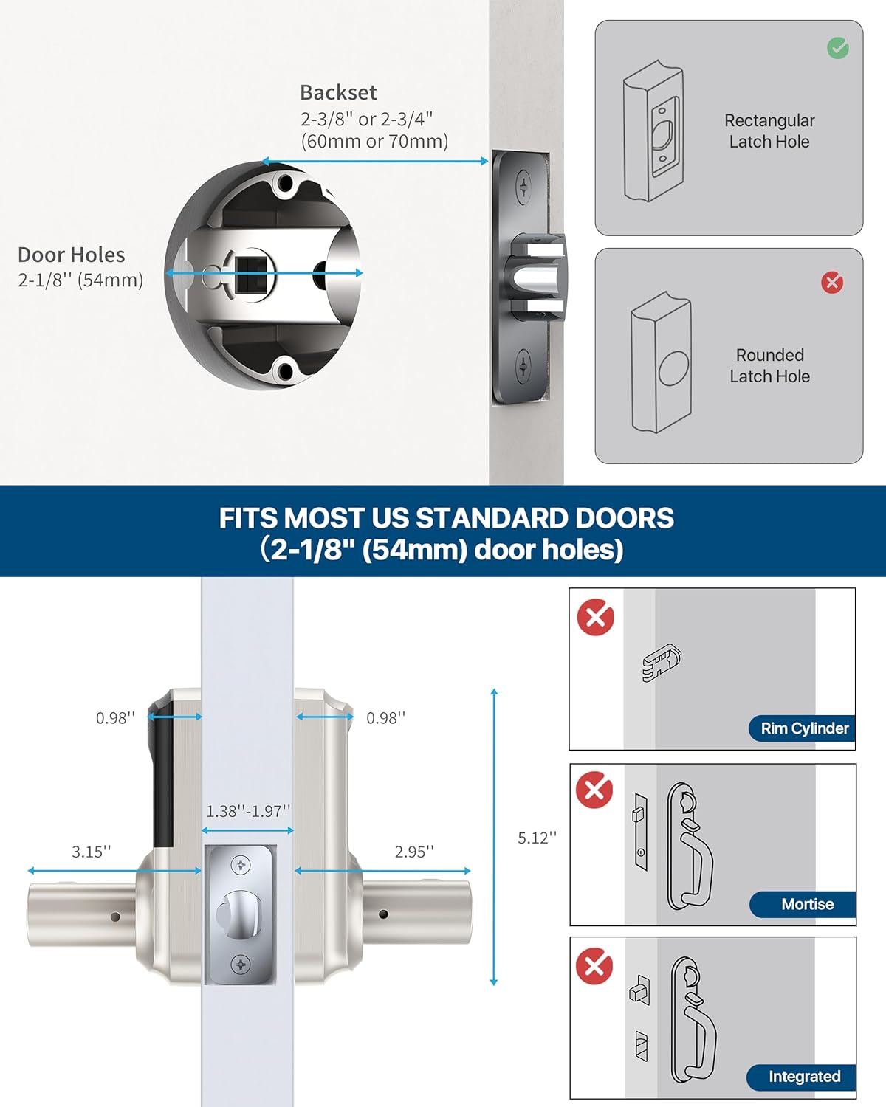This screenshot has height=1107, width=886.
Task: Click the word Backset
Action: [338, 93]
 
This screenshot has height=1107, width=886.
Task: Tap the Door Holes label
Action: [72, 255]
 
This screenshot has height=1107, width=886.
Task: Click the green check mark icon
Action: [837, 49]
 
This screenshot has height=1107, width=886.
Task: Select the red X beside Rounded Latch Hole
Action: [832, 283]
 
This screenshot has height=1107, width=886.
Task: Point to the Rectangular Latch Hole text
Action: [769, 131]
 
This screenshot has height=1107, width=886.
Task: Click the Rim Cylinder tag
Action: [804, 728]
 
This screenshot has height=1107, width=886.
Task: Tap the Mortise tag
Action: [806, 904]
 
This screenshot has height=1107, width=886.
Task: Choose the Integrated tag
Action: [803, 1077]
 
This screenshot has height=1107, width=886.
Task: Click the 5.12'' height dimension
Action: [537, 838]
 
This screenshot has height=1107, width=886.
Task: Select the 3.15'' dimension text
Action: [92, 852]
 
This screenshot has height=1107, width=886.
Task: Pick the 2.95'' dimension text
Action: [414, 852]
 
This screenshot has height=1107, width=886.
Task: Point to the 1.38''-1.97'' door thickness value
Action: [248, 811]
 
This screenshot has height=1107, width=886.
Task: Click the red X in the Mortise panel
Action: [594, 790]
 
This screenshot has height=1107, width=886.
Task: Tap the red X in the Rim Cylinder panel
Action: [596, 618]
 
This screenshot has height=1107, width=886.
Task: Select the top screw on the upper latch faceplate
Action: [523, 184]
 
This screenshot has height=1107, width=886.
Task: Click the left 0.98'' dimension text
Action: [115, 718]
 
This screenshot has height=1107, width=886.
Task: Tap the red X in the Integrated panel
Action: [594, 966]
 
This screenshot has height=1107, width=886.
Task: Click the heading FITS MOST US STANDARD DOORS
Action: [446, 518]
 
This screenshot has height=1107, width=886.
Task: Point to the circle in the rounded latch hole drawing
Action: [673, 368]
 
